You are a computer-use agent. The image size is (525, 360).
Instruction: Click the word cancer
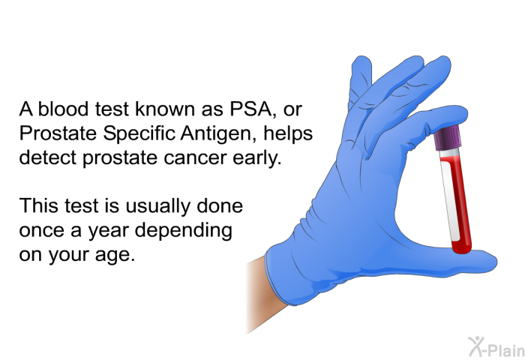pyautogui.click(x=195, y=158)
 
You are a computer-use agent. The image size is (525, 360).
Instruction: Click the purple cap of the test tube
pyautogui.click(x=447, y=137)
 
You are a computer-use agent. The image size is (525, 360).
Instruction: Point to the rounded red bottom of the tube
pyautogui.click(x=462, y=248)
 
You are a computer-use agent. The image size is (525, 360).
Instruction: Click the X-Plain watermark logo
pyautogui.click(x=496, y=347)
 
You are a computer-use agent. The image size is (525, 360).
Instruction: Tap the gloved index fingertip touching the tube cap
pyautogui.click(x=452, y=116)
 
